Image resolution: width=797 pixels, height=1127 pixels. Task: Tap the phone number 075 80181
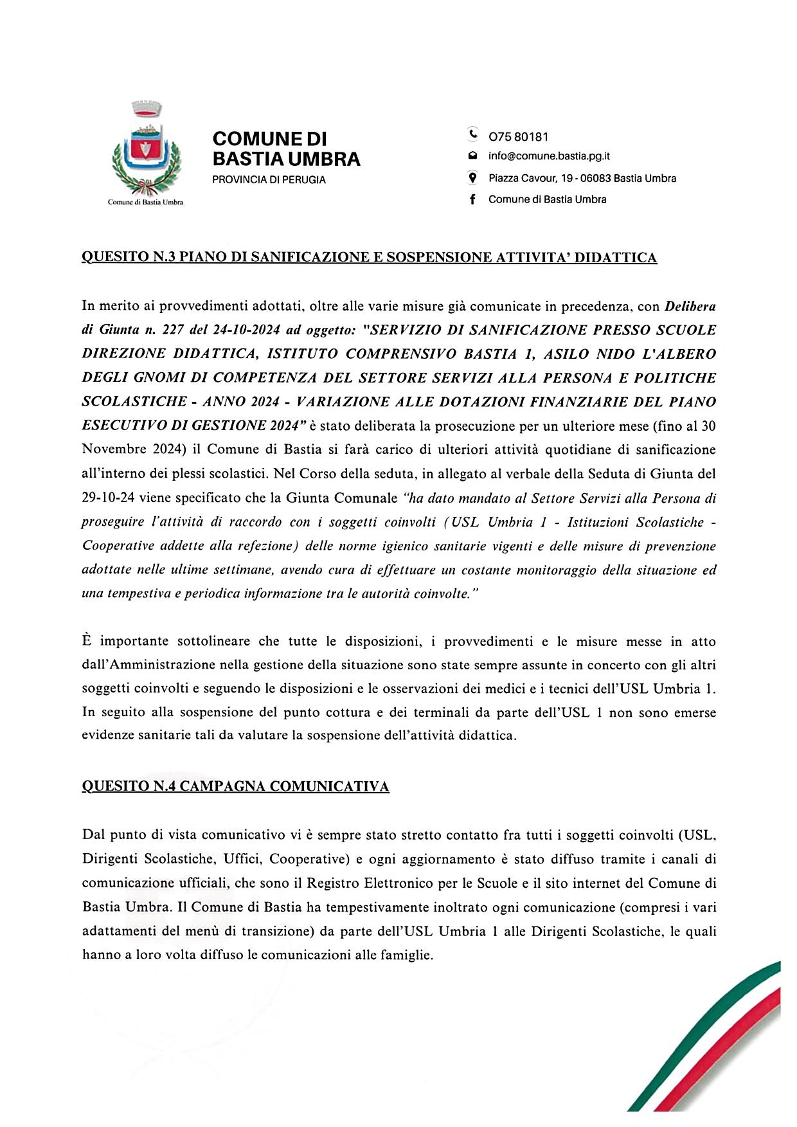coord(518,137)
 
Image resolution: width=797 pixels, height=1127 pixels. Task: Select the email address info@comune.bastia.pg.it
coord(549,156)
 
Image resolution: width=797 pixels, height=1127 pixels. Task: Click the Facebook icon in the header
coord(472,199)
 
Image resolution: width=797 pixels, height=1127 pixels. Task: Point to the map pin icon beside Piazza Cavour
coord(472,178)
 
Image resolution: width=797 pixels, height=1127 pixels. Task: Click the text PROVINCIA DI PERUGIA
coord(269,180)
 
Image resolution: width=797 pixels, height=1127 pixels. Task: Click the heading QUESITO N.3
coord(129,258)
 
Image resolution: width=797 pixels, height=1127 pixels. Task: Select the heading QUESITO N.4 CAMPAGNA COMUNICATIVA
coord(235,786)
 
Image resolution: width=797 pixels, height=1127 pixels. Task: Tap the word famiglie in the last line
coord(406,955)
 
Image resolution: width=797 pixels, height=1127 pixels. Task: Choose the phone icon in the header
coord(472,135)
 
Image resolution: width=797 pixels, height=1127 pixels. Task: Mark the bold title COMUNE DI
coord(269,139)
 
